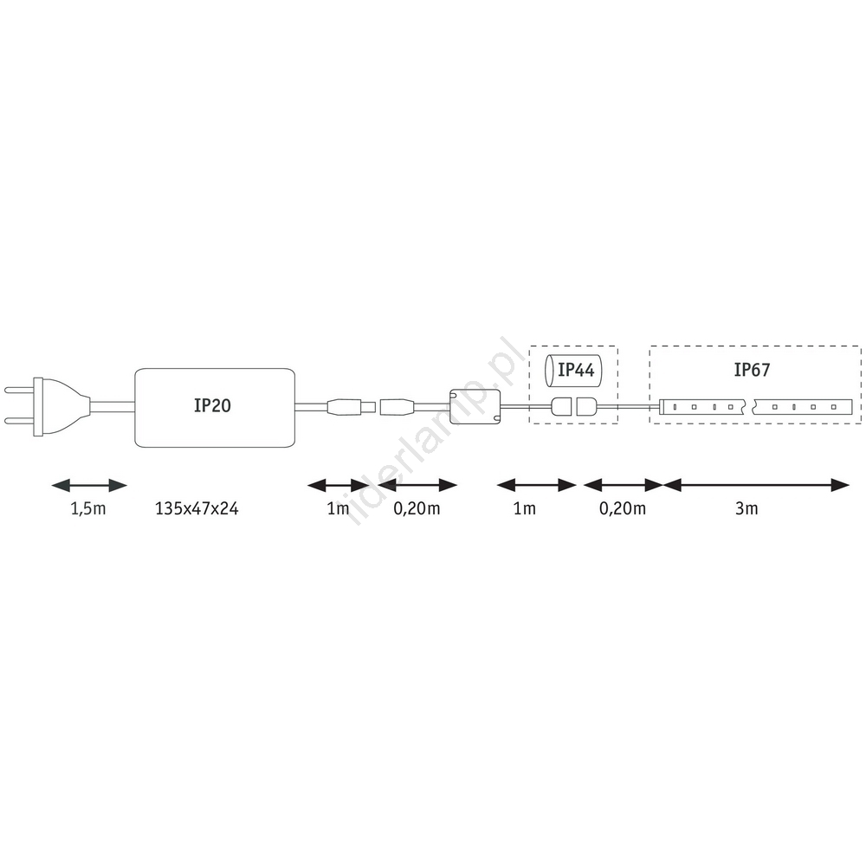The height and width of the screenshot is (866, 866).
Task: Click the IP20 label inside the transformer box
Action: click(212, 405)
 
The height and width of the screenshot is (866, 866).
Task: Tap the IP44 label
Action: click(576, 370)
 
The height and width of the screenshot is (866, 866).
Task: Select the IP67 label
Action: click(752, 370)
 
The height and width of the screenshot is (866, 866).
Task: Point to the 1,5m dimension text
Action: click(88, 508)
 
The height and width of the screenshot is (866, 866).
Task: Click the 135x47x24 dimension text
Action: click(197, 508)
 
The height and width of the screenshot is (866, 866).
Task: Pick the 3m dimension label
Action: click(746, 508)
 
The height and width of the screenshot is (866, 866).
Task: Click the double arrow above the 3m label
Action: click(755, 486)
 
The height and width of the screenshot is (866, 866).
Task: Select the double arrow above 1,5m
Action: click(89, 486)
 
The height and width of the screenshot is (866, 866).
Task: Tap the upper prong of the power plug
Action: click(19, 390)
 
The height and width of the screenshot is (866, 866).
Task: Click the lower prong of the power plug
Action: click(19, 422)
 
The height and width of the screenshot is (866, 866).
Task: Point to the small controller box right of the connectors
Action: click(475, 406)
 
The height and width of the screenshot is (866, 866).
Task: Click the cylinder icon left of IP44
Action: click(550, 370)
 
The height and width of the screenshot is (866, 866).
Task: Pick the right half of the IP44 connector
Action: click(586, 406)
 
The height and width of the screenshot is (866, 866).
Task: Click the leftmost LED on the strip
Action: click(675, 407)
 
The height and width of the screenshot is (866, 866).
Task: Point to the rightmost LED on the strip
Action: click(834, 407)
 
